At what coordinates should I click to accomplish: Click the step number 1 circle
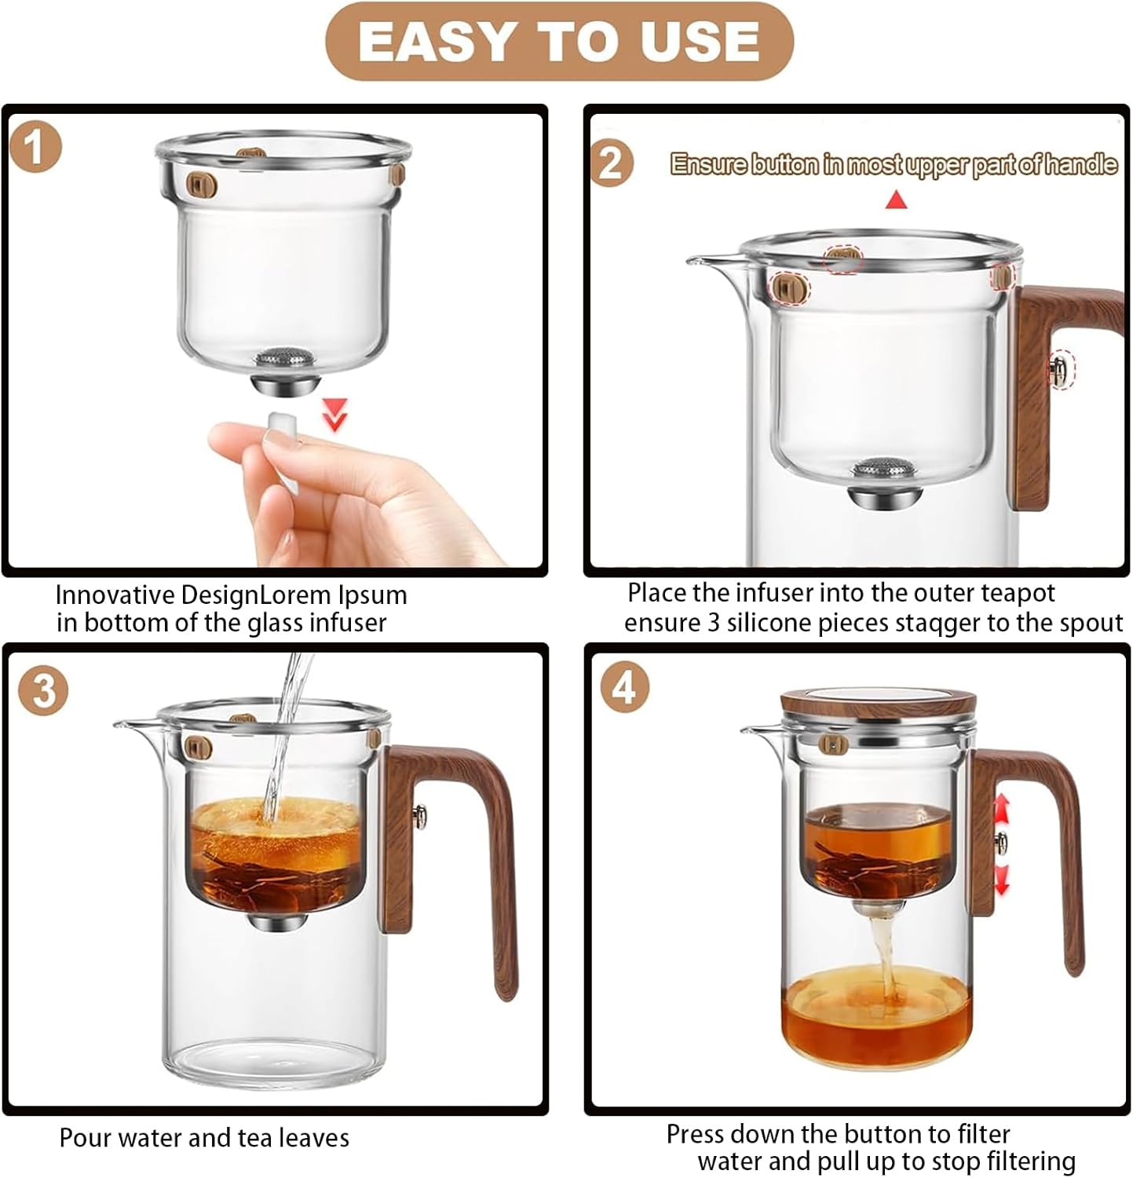coord(35,148)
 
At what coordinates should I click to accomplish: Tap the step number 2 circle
coord(610,163)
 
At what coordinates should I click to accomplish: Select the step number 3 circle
coord(43,691)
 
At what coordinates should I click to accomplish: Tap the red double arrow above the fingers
coord(336,414)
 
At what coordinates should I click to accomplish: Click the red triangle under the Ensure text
coord(896,201)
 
